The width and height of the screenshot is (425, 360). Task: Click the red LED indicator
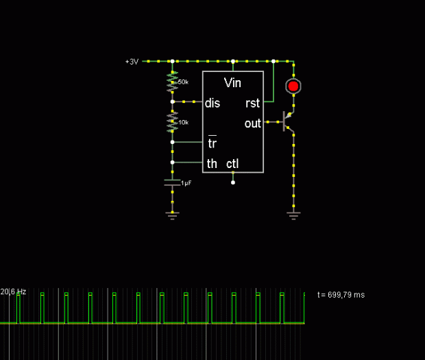pyautogui.click(x=293, y=86)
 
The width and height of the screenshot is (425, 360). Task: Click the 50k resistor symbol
pyautogui.click(x=172, y=82)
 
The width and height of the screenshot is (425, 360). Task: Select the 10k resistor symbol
pyautogui.click(x=172, y=122)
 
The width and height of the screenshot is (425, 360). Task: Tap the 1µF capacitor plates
pyautogui.click(x=172, y=182)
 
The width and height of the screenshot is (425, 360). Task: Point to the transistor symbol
pyautogui.click(x=288, y=122)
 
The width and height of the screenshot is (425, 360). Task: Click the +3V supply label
pyautogui.click(x=132, y=62)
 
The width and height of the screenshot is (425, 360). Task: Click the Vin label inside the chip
pyautogui.click(x=232, y=83)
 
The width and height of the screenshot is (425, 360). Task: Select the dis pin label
pyautogui.click(x=212, y=104)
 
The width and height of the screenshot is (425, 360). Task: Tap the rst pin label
pyautogui.click(x=253, y=104)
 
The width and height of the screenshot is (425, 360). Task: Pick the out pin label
pyautogui.click(x=253, y=123)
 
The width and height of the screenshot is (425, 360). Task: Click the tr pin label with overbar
pyautogui.click(x=212, y=142)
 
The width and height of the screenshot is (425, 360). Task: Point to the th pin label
pyautogui.click(x=212, y=164)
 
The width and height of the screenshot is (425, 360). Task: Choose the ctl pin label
pyautogui.click(x=232, y=164)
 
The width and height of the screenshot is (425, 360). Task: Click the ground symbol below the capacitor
pyautogui.click(x=172, y=215)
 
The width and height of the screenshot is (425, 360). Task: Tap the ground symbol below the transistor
pyautogui.click(x=293, y=215)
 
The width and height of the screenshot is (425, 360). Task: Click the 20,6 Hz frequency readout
pyautogui.click(x=13, y=291)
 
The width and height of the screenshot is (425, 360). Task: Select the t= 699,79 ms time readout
pyautogui.click(x=341, y=295)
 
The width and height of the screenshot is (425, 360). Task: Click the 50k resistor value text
pyautogui.click(x=183, y=82)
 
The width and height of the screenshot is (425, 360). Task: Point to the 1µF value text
pyautogui.click(x=186, y=183)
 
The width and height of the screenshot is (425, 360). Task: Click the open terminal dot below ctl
pyautogui.click(x=233, y=182)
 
